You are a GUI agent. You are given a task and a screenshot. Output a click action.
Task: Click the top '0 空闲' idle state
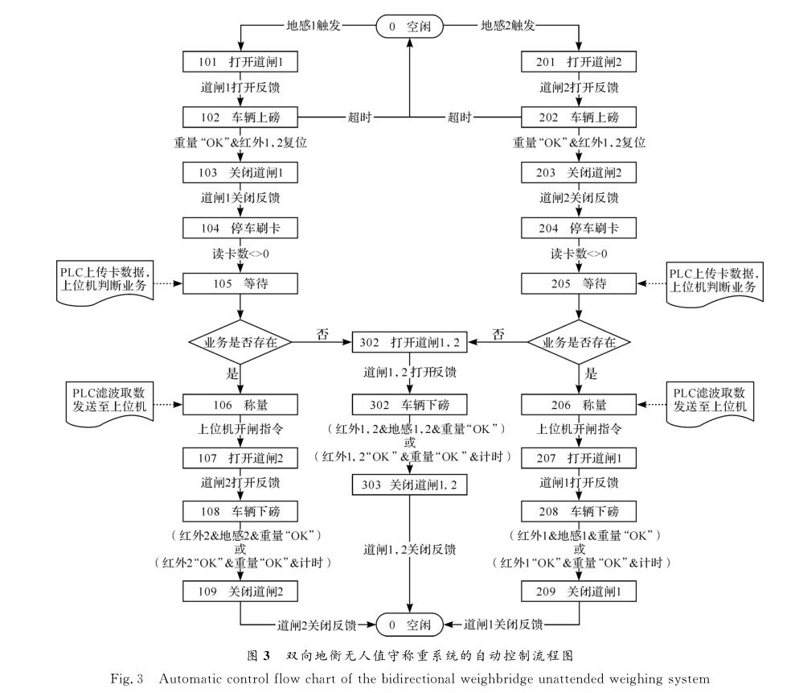(x=411, y=26)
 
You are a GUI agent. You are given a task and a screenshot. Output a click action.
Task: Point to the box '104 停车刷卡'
(x=240, y=229)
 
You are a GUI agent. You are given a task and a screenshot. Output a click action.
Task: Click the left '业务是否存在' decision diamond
(x=240, y=343)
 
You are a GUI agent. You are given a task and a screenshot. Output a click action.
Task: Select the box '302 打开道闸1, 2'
(x=410, y=343)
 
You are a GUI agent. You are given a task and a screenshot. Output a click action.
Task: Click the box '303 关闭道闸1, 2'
(x=410, y=485)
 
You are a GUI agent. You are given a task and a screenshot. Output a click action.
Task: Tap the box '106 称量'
(x=240, y=405)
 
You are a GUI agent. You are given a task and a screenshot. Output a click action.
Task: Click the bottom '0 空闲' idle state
(x=410, y=624)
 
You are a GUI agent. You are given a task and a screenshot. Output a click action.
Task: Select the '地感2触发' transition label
(x=508, y=26)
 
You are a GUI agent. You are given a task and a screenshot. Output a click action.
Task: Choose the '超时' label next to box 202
(x=460, y=118)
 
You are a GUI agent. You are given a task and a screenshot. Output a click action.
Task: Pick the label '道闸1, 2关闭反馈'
(x=410, y=550)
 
